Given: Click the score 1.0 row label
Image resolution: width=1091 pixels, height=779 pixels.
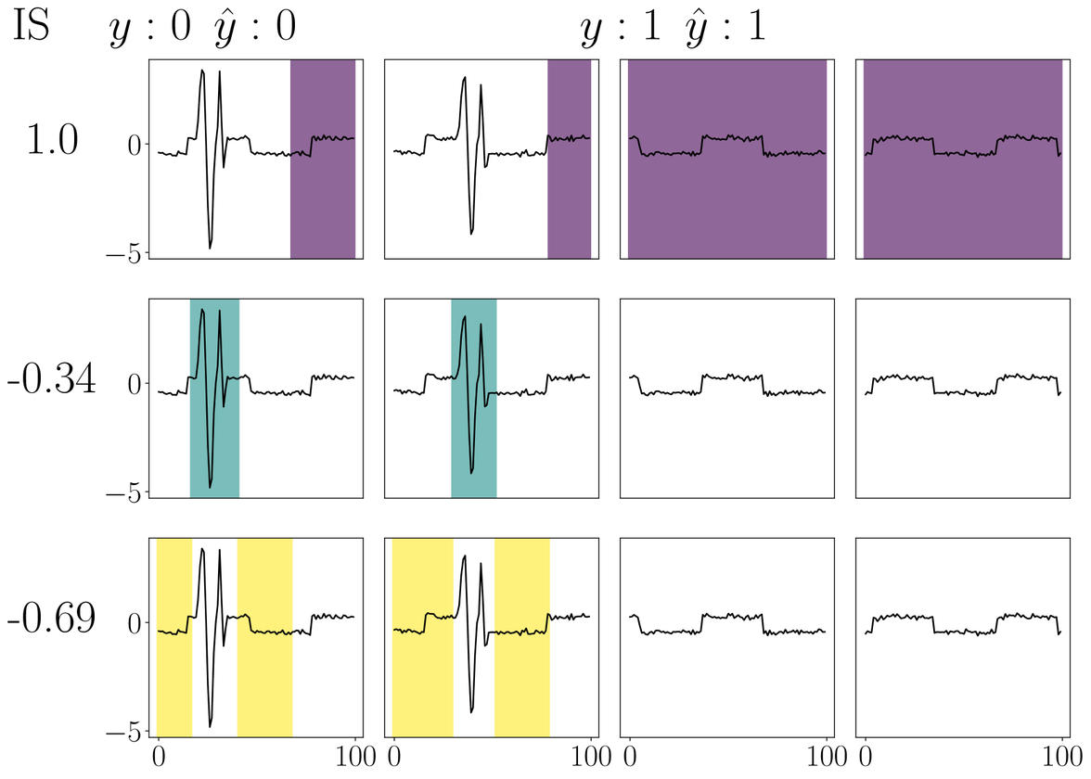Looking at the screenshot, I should tap(53, 141).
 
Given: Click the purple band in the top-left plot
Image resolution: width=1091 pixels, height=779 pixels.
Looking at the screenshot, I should tap(323, 159).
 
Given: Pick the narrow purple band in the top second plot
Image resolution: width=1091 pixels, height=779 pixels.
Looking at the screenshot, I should tap(569, 159).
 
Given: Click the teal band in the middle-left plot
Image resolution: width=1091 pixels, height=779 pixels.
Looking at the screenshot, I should tap(214, 398).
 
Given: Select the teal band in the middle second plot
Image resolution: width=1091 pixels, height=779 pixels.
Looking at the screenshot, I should tap(473, 398).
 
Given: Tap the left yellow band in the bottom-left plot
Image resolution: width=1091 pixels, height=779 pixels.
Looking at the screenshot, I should tap(174, 636).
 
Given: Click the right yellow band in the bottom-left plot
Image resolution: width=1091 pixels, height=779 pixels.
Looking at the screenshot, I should tap(264, 636).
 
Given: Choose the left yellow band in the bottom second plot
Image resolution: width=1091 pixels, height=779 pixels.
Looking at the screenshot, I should tap(422, 636).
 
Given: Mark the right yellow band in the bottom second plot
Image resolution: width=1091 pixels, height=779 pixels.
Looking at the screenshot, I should tap(521, 636).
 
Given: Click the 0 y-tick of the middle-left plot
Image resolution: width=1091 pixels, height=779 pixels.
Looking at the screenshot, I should tap(134, 384).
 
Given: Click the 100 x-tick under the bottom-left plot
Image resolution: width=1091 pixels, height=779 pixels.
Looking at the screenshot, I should tap(355, 757).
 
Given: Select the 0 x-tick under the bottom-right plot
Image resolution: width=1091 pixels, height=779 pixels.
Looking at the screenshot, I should tap(865, 757).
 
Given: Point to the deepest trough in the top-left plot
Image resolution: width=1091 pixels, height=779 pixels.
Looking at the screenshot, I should tap(210, 248).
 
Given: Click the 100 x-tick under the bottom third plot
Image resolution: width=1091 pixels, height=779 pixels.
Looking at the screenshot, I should tap(826, 757).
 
